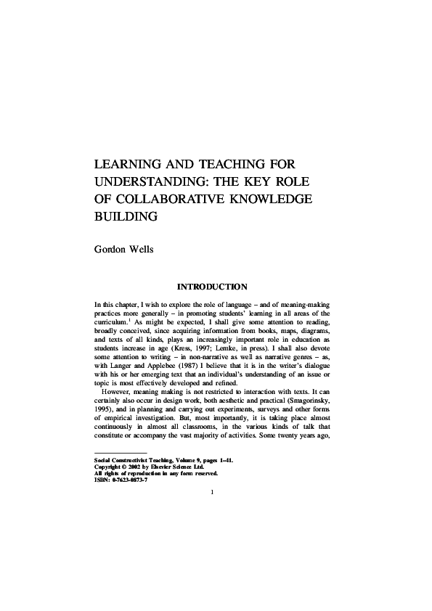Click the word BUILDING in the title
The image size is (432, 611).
126,216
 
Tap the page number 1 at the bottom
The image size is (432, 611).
211,493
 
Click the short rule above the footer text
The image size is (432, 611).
115,453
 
